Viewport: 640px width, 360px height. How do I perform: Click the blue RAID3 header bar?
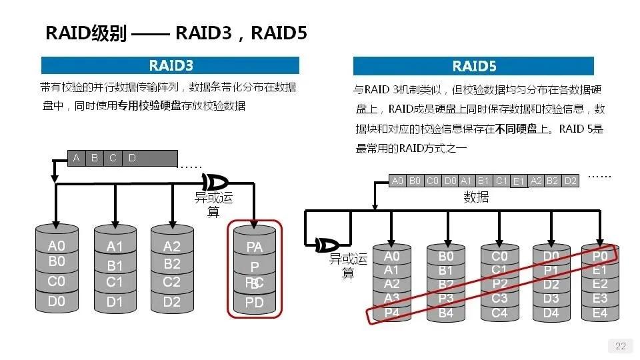170,65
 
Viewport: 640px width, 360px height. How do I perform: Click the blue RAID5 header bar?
473,66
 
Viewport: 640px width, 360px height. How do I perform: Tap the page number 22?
620,345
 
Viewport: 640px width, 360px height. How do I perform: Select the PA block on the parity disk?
255,247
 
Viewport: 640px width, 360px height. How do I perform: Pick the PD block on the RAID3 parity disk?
255,303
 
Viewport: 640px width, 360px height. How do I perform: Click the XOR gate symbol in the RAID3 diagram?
215,181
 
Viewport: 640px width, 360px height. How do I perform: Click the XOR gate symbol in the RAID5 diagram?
327,244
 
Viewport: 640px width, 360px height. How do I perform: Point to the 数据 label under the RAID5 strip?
476,197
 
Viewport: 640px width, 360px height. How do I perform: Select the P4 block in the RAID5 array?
392,312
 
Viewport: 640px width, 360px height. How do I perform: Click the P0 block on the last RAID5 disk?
600,255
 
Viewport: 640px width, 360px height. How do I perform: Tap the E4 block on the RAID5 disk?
600,313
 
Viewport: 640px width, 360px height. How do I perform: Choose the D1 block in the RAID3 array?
115,302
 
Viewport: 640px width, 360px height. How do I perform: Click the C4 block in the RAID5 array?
499,313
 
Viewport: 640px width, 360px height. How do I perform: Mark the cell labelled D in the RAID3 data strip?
132,158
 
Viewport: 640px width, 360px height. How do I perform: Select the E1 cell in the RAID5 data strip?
519,181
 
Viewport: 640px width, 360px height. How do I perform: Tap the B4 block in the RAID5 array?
445,313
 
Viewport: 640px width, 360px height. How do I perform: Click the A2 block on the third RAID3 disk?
171,247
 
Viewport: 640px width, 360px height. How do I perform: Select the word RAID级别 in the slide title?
85,33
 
